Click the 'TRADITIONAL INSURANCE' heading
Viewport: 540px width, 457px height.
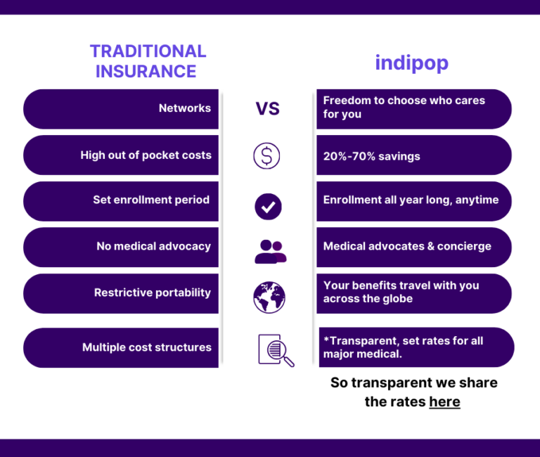click(x=148, y=61)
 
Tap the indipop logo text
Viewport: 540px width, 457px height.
click(x=411, y=63)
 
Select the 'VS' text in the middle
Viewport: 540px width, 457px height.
click(x=267, y=108)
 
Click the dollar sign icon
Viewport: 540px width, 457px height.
click(x=266, y=155)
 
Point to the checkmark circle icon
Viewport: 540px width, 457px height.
click(x=267, y=207)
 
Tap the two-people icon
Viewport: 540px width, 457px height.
click(x=270, y=251)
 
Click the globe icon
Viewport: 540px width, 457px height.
click(x=269, y=297)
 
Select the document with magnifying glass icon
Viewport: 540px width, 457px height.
click(x=275, y=349)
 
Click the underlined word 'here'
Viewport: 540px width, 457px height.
click(x=444, y=401)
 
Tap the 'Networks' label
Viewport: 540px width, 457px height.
click(x=184, y=108)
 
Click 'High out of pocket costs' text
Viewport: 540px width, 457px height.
click(x=146, y=155)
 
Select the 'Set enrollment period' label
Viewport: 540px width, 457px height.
click(x=151, y=200)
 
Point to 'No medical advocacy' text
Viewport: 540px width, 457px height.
click(x=153, y=246)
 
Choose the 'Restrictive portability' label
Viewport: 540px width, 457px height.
click(x=152, y=292)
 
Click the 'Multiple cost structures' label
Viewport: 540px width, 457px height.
click(x=146, y=347)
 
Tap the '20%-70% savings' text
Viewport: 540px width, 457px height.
click(x=371, y=156)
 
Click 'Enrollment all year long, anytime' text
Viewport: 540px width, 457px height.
click(x=411, y=200)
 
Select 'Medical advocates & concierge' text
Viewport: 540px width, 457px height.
click(x=407, y=246)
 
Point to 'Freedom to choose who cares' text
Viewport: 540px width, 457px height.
click(x=404, y=101)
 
